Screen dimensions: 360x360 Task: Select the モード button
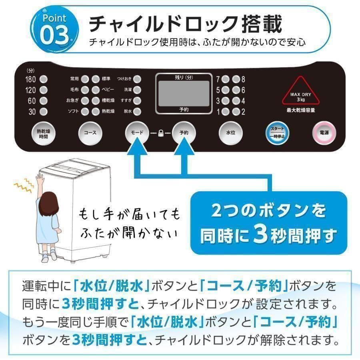136,132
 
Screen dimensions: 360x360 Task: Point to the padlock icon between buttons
160,132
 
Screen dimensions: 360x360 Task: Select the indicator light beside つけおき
137,79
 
